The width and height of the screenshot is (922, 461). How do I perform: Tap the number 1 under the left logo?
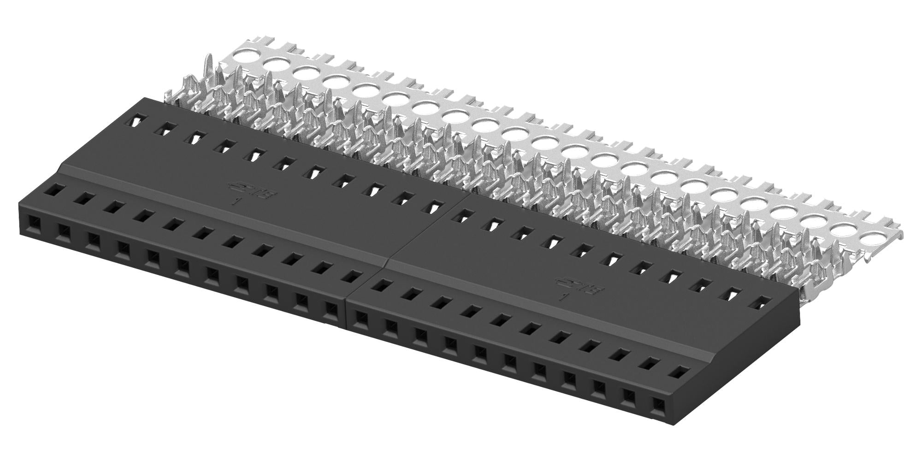[236, 201]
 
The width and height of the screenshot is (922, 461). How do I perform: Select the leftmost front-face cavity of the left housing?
[34, 225]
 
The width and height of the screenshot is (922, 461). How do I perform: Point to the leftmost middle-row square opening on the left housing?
[55, 189]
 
